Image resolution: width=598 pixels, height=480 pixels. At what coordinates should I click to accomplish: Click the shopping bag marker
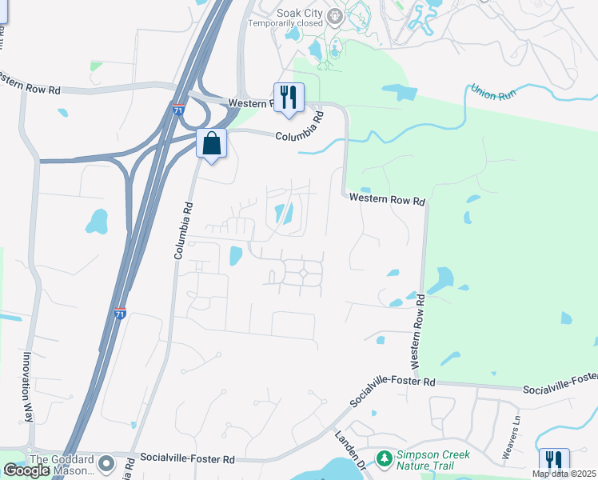(x=211, y=144)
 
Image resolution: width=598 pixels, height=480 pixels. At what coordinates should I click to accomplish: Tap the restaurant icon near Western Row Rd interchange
(x=289, y=98)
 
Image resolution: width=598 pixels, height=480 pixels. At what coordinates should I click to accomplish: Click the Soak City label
(x=298, y=13)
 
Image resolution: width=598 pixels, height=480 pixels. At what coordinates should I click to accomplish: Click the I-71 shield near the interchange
(x=177, y=110)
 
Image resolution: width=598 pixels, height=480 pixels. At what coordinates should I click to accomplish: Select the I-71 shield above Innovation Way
(x=120, y=314)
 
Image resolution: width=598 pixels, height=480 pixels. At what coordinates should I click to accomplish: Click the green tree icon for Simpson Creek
(x=385, y=458)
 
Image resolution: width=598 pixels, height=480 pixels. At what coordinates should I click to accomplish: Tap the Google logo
(x=26, y=470)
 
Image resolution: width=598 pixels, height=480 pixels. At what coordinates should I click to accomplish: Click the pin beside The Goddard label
(x=106, y=463)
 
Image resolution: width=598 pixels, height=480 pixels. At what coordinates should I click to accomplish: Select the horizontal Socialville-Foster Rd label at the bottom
(x=187, y=459)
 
